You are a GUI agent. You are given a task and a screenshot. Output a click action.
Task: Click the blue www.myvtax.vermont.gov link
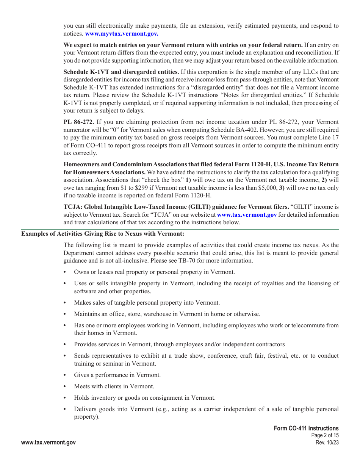[122, 34]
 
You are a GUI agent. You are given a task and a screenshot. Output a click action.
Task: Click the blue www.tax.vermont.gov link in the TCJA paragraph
[247, 215]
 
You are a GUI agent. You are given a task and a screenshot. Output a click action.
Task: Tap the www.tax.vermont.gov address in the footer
[49, 443]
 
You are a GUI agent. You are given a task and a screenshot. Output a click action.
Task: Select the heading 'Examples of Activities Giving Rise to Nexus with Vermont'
[103, 234]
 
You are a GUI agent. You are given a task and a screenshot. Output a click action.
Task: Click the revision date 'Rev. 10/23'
[327, 443]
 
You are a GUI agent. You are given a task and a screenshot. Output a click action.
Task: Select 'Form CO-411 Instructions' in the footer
[306, 428]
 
